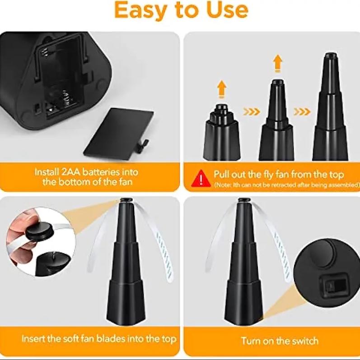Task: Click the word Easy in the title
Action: click(x=140, y=10)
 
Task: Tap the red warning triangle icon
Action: click(x=201, y=179)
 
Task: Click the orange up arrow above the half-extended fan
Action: click(x=278, y=63)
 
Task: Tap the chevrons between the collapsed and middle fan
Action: click(x=252, y=112)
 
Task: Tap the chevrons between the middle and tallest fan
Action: click(x=302, y=112)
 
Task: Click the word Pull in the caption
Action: click(x=222, y=174)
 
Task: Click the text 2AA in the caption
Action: click(x=71, y=172)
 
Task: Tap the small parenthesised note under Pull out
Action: click(x=287, y=185)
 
